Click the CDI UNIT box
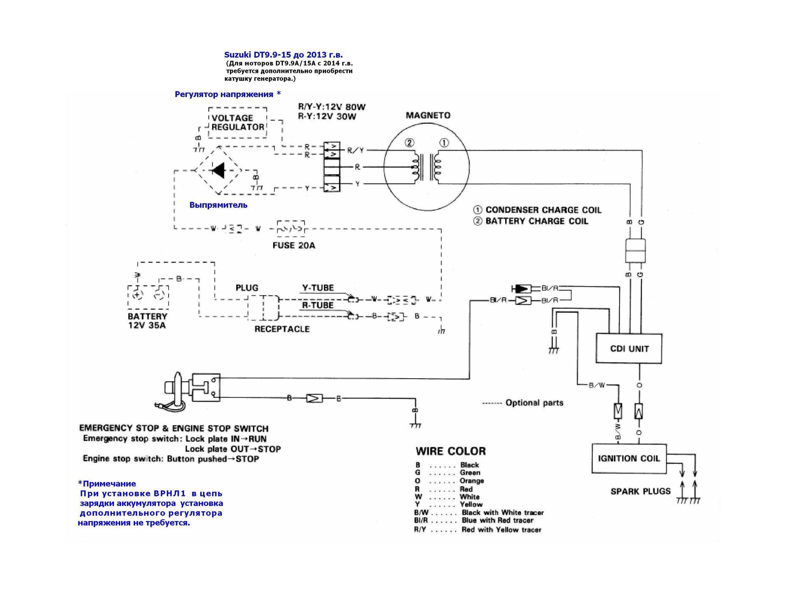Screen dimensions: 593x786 tap(629, 349)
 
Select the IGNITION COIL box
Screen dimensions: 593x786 tap(629, 458)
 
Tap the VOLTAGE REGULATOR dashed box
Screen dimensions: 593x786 tap(238, 122)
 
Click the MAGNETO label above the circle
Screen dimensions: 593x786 tap(428, 115)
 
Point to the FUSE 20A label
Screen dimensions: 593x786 tap(294, 245)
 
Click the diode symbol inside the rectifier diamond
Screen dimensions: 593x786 tap(219, 170)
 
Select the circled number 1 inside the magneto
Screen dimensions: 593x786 tap(443, 143)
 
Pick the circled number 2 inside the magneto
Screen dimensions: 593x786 tap(409, 143)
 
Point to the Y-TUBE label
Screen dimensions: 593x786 tap(318, 288)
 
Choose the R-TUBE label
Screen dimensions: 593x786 tap(318, 305)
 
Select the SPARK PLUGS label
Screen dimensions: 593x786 tap(640, 491)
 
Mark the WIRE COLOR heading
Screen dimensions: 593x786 tap(451, 451)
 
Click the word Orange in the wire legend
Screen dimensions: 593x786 tap(471, 481)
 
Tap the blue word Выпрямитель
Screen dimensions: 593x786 tap(218, 205)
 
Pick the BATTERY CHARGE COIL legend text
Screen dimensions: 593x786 tap(537, 221)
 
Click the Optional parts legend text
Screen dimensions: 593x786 tap(534, 403)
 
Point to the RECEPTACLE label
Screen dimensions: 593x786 tap(282, 329)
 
